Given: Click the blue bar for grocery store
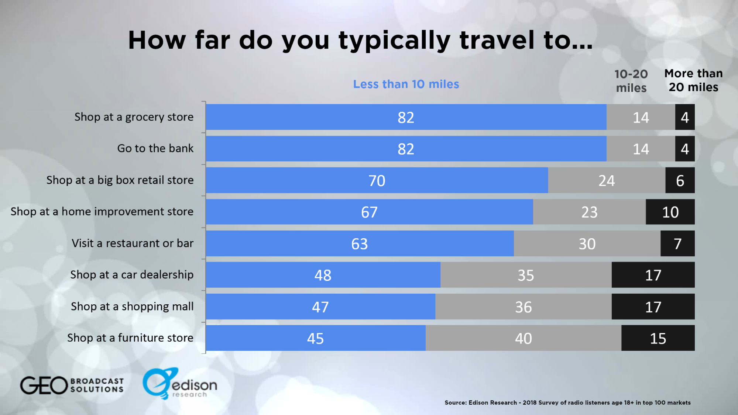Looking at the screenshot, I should [406, 117].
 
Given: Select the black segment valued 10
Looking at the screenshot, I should [670, 212].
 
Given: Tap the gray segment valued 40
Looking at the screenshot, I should [523, 338].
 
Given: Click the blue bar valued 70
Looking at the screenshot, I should [377, 180].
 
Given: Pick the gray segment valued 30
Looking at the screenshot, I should [587, 243].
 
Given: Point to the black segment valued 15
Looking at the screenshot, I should [658, 338].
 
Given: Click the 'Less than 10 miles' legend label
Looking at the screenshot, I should [406, 84].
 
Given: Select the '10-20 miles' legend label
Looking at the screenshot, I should [631, 81].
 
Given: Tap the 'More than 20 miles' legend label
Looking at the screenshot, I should [693, 80].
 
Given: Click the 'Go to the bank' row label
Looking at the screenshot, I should [155, 148].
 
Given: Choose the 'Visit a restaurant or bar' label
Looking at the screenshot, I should [132, 243].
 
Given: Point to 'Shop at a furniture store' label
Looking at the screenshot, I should [130, 338].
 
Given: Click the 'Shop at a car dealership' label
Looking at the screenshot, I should [132, 274].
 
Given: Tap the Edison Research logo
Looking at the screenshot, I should [180, 384].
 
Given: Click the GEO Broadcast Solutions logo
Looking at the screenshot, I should [72, 385].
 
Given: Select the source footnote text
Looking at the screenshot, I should [567, 402].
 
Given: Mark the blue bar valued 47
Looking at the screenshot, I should [320, 307].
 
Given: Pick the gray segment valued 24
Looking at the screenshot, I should [606, 180].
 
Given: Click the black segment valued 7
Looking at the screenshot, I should [677, 243].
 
